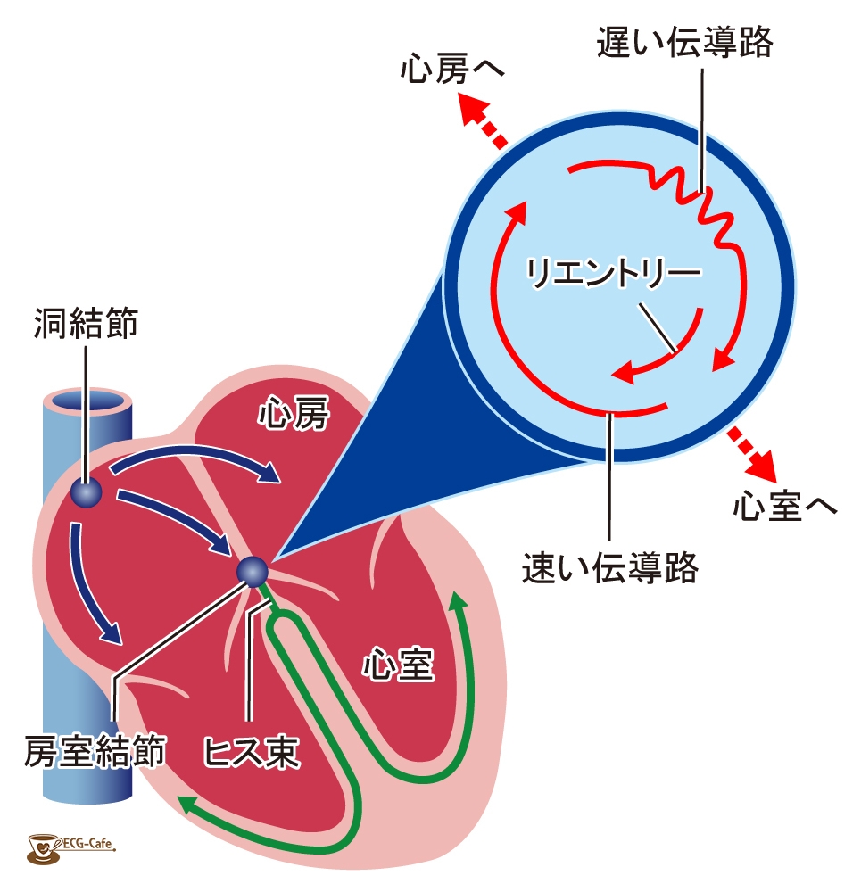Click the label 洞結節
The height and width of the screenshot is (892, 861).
tap(87, 323)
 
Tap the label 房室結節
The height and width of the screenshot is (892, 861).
tap(95, 752)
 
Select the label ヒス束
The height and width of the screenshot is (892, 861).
tap(252, 752)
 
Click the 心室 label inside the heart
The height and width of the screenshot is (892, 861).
tap(398, 664)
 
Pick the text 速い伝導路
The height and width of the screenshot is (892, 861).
tap(609, 566)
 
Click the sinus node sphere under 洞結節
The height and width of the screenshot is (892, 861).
tap(87, 492)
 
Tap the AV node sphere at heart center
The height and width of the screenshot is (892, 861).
tap(253, 572)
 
